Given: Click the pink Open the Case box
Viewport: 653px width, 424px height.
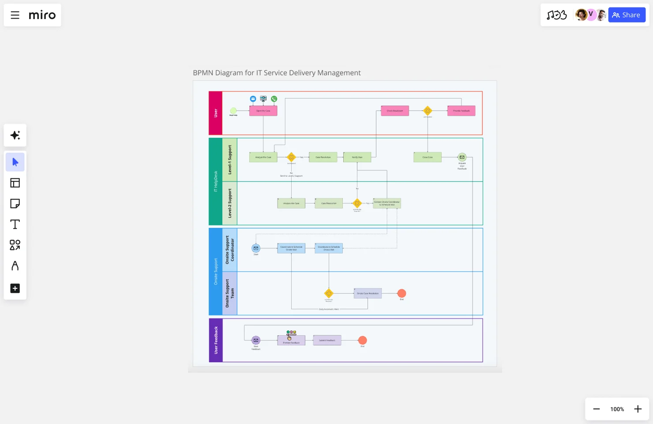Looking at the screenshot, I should [x=263, y=111].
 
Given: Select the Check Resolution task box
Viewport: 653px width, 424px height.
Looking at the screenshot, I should [x=395, y=111].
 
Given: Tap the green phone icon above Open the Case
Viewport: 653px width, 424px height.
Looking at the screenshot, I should [x=274, y=99].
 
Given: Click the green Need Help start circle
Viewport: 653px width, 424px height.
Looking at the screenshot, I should [x=233, y=111].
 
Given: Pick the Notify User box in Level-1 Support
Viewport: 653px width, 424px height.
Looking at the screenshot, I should [x=357, y=157].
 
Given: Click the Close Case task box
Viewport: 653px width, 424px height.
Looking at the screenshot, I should [x=427, y=157].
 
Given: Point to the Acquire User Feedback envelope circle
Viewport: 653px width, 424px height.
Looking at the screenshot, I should [x=462, y=157].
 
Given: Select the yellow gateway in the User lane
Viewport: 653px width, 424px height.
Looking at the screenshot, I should [x=428, y=111].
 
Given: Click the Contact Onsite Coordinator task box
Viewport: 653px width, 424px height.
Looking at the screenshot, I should [x=387, y=204].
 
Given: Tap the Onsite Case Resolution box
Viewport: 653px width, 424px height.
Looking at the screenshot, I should [x=368, y=293].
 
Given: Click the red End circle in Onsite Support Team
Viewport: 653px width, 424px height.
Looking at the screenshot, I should [x=402, y=293].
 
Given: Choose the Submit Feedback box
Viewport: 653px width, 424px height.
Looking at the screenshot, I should [x=327, y=341].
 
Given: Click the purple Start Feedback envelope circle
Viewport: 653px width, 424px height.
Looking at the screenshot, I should [x=256, y=340].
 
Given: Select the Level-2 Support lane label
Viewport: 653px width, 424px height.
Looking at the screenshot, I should [x=230, y=203].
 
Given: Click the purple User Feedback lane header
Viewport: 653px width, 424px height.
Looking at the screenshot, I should [x=216, y=340].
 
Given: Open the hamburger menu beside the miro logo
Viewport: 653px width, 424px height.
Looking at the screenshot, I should [x=15, y=15].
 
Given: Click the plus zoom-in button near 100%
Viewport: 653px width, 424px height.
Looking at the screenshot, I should [x=638, y=409].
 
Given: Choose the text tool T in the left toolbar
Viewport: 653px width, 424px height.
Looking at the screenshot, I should [x=15, y=224].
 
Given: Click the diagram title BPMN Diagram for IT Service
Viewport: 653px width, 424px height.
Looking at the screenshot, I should [x=277, y=73].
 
